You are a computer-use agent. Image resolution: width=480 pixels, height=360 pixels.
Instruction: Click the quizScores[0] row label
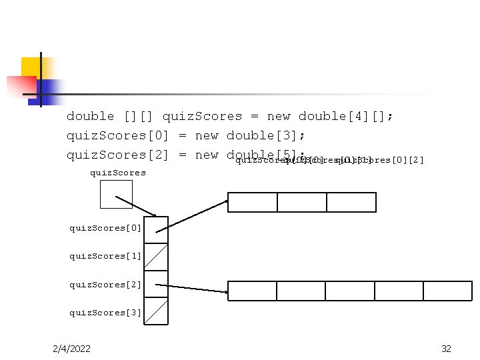(105, 228)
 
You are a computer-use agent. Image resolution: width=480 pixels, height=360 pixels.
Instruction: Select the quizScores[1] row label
(105, 256)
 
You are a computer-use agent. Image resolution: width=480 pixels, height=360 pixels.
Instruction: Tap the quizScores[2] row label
(105, 285)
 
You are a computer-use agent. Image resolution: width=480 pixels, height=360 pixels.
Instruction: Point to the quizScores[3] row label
(105, 313)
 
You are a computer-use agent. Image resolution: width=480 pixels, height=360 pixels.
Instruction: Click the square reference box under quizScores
(116, 194)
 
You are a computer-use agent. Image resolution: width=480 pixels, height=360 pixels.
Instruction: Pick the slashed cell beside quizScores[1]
(156, 257)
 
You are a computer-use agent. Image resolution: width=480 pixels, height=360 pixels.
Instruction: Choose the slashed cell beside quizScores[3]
(156, 311)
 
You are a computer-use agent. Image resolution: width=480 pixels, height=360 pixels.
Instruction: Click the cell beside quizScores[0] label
(156, 230)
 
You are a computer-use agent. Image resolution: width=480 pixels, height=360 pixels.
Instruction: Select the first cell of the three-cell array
(253, 202)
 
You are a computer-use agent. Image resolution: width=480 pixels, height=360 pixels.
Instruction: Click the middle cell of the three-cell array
(302, 202)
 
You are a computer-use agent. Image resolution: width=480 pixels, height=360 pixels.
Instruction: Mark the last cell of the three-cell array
(351, 202)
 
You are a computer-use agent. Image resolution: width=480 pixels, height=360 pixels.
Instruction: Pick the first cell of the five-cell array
(252, 291)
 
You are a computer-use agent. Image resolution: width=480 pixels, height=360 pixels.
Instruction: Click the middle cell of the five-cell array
(350, 291)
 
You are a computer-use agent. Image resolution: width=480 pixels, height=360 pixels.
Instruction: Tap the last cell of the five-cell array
(447, 291)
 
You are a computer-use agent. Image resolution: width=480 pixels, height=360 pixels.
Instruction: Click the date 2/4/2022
(72, 349)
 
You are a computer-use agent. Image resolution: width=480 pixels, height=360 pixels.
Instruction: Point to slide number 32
(447, 349)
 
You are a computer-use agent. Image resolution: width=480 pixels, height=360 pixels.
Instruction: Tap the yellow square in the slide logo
(31, 69)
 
